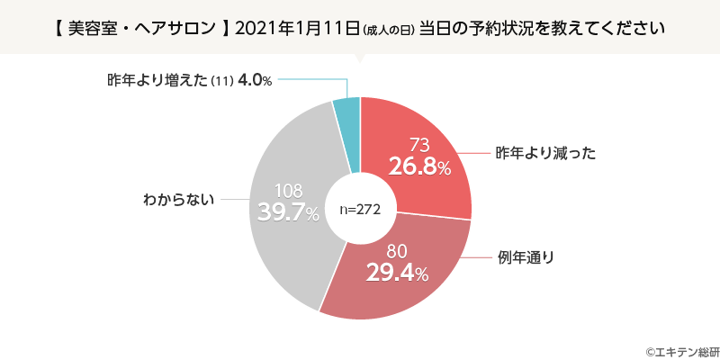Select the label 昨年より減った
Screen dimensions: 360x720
546,153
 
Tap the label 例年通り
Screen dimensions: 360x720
526,258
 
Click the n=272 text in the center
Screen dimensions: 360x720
361,209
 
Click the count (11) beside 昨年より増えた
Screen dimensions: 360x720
221,81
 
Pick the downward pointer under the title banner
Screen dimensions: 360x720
360,59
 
